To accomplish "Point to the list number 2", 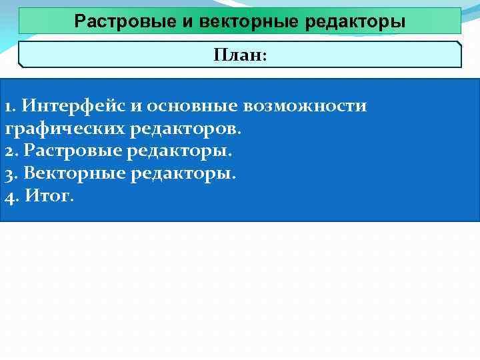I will (8, 151).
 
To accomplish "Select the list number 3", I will (8, 174).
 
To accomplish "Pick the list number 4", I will (9, 197).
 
